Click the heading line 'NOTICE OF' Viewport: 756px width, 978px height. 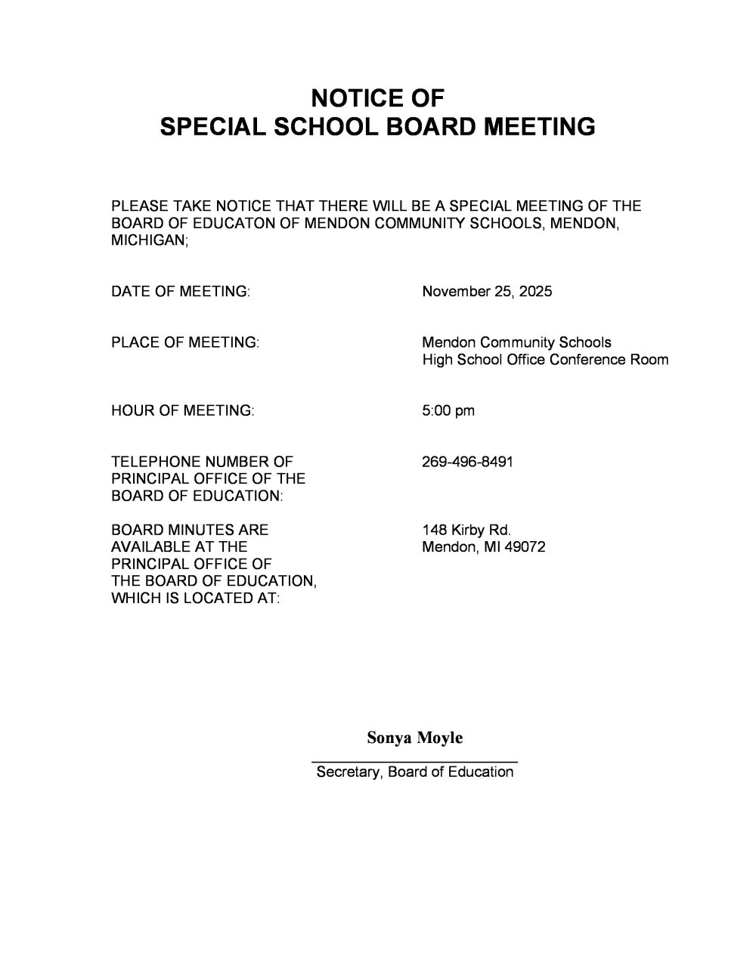pos(377,98)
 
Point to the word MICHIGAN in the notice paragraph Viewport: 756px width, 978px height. pos(148,241)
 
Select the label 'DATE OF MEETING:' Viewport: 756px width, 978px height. pos(181,292)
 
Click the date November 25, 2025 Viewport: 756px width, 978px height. pos(487,292)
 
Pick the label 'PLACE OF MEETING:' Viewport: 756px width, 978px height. pos(185,342)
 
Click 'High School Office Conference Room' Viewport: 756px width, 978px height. pos(545,360)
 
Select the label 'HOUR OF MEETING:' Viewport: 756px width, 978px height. pos(182,410)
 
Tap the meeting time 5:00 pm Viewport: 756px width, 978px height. pos(448,410)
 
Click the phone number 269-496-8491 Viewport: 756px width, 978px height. pos(467,461)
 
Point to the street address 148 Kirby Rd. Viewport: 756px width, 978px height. pos(466,530)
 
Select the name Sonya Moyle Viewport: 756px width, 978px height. pos(414,738)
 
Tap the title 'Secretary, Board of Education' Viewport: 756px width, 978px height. pos(414,772)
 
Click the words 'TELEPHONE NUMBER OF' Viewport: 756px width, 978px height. pos(202,461)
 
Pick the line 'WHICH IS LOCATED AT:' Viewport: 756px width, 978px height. pos(195,598)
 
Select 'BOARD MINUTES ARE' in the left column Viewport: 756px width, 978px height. pos(190,530)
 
